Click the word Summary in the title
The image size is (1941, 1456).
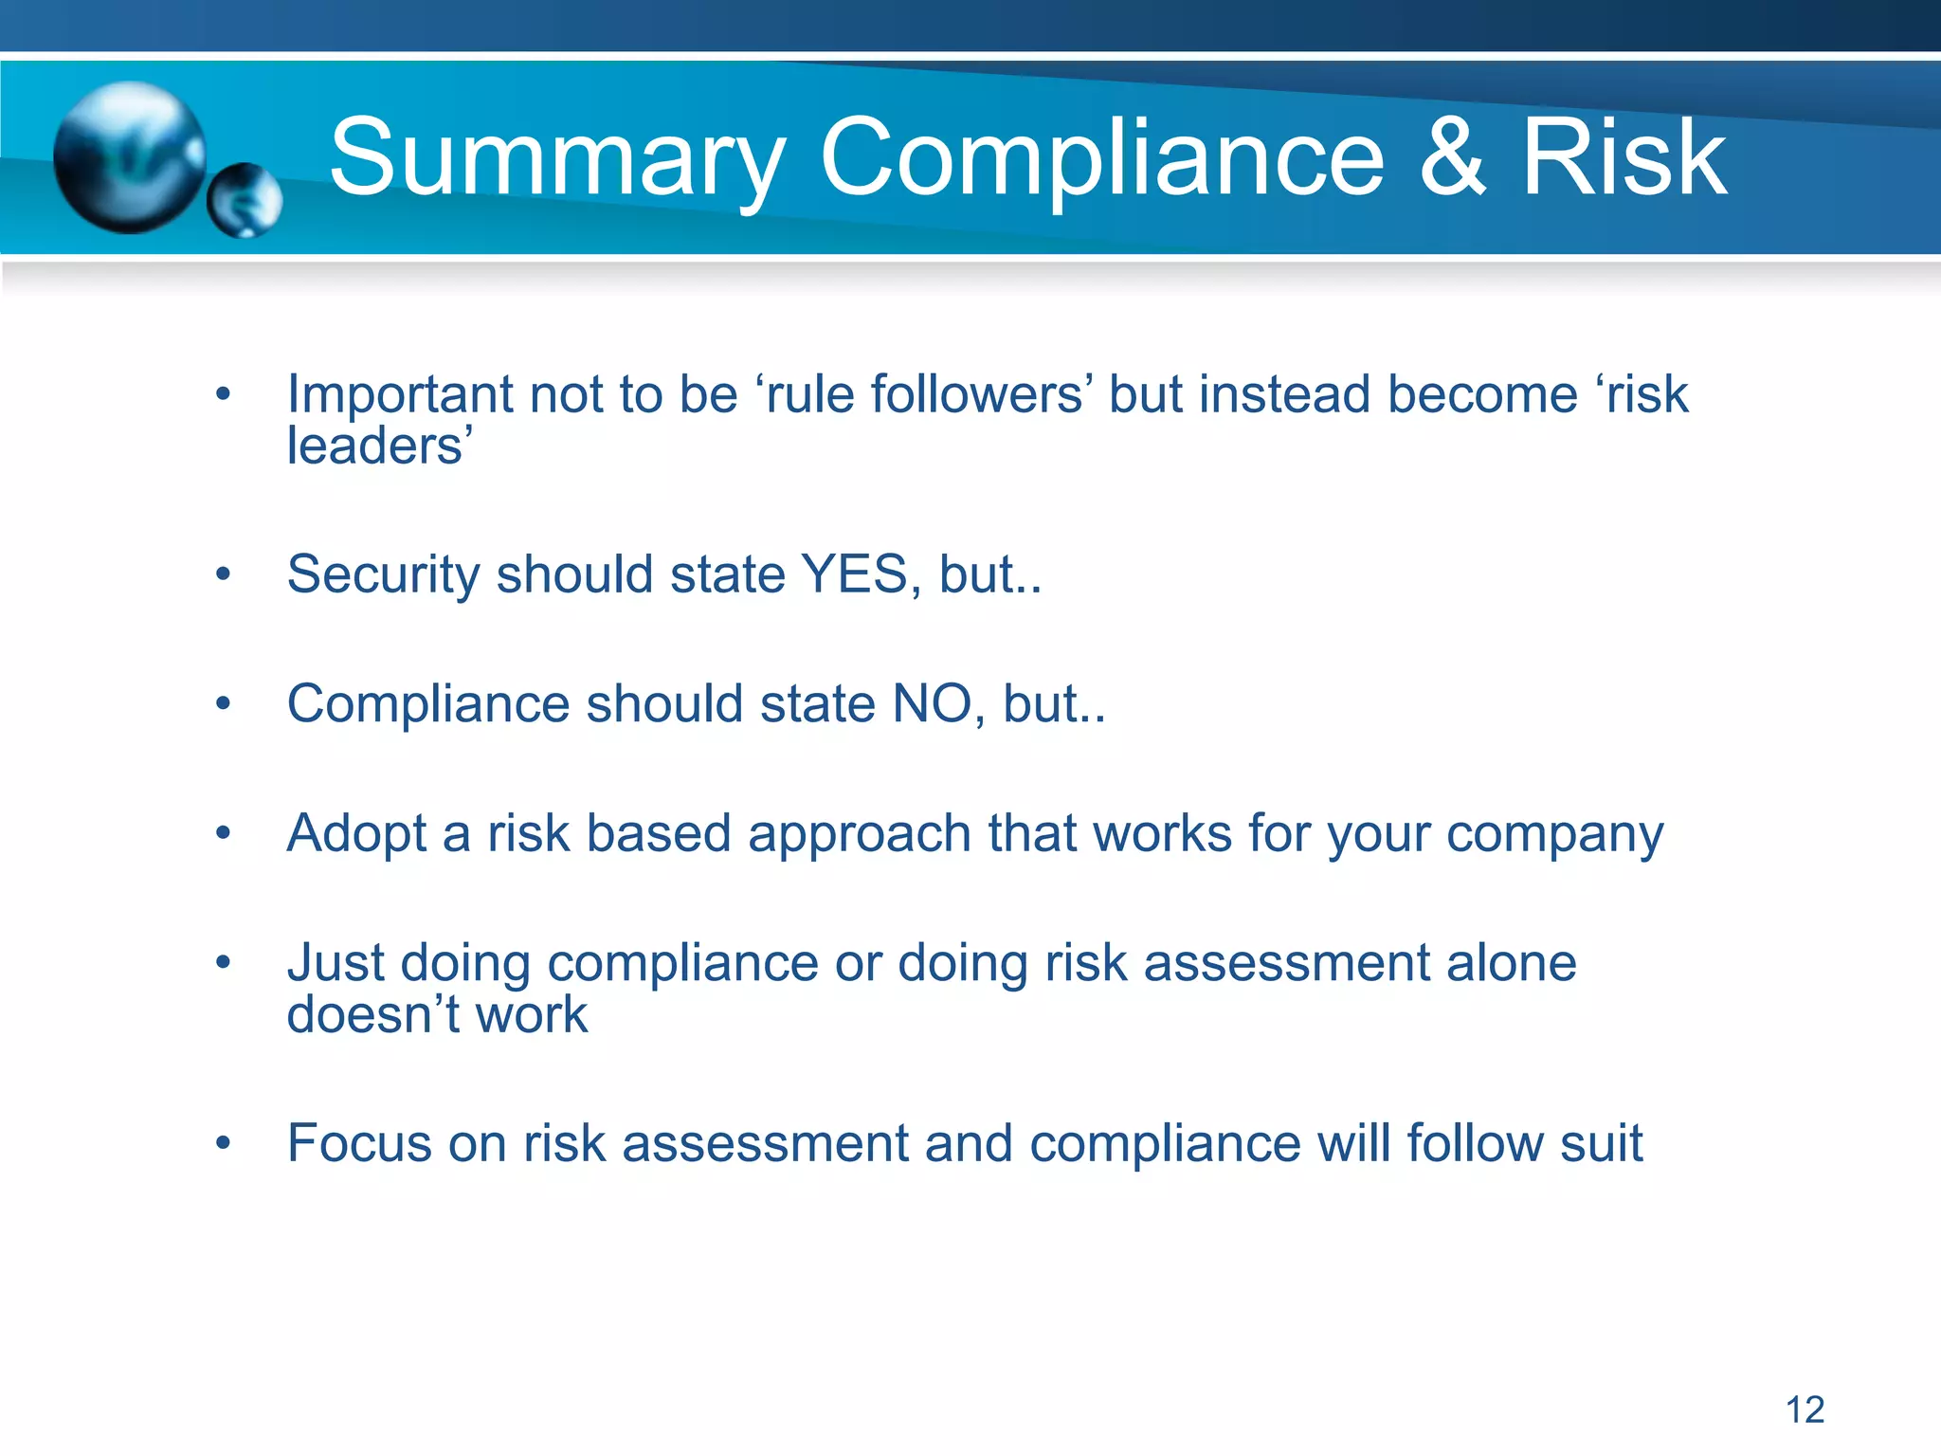pos(557,158)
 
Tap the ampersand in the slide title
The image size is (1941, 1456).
pos(1452,158)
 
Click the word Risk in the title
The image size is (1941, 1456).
pos(1624,158)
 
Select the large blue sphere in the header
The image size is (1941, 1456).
pos(129,156)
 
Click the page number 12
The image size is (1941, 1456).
pos(1805,1410)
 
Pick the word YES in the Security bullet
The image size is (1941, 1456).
pos(854,574)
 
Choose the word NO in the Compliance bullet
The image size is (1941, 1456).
pos(931,704)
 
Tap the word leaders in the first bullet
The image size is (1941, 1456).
pos(375,446)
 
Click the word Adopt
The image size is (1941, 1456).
pos(356,835)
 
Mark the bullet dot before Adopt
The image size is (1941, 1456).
pos(223,833)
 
